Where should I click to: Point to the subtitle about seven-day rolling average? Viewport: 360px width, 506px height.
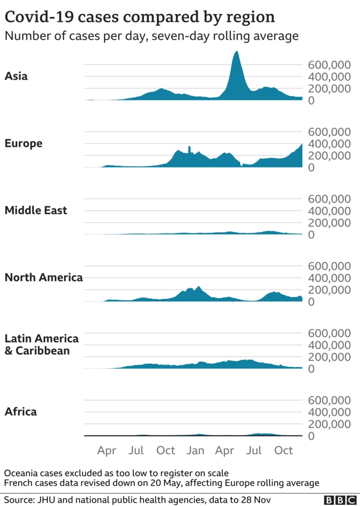coord(151,37)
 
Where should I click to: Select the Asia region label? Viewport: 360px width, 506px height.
coord(16,76)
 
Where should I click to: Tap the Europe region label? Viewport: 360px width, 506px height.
coord(23,143)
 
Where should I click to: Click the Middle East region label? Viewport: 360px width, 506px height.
coord(35,210)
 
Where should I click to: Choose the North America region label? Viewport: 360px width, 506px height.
coord(43,277)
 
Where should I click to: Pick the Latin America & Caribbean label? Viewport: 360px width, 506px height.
coord(41,345)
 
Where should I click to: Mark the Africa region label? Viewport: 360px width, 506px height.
coord(20,412)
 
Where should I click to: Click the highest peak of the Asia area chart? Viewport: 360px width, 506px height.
coord(236,52)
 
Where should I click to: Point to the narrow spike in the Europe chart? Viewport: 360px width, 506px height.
coord(190,148)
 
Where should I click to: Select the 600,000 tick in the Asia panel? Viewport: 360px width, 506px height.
coord(329,65)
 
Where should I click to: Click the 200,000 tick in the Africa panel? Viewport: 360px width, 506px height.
coord(329,424)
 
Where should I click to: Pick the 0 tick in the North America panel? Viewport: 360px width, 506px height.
coord(310,302)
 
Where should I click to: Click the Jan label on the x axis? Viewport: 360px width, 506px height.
coord(195,450)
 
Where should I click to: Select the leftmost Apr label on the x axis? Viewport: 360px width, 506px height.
coord(107,450)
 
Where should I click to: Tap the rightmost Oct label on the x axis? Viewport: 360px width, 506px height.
coord(284,450)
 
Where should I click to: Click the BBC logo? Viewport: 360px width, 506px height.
coord(339,499)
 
